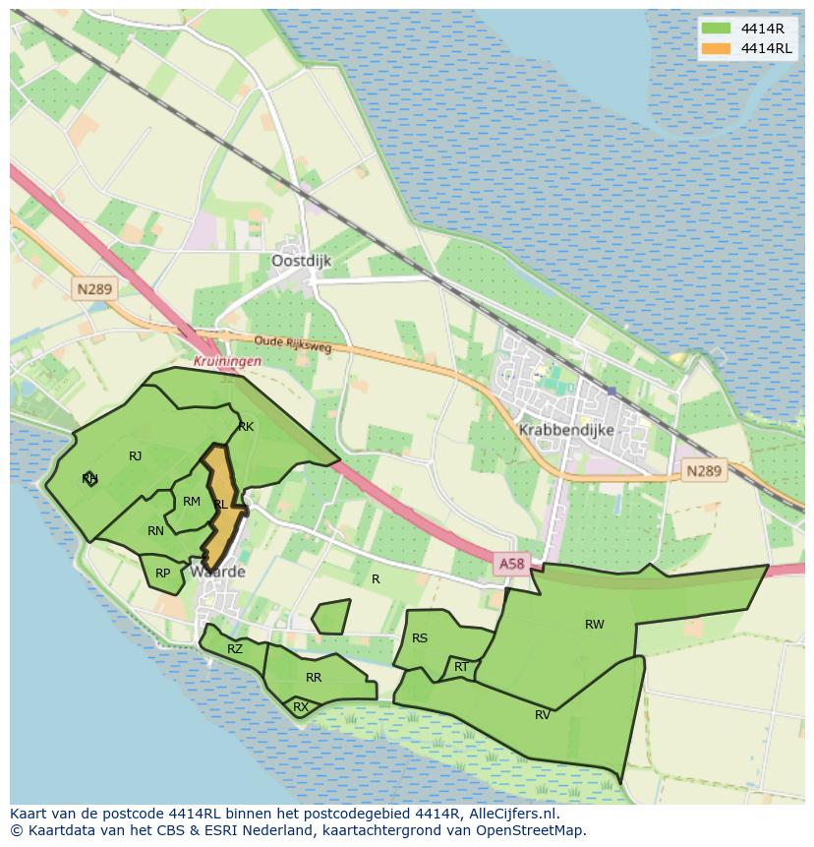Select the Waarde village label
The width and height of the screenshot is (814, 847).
(217, 572)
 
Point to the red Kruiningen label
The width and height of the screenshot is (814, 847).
(227, 361)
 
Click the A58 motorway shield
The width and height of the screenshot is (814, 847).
(511, 564)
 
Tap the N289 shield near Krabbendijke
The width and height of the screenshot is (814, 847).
(703, 471)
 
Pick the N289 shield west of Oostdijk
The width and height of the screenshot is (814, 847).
(93, 289)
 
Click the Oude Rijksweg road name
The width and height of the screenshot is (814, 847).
(292, 344)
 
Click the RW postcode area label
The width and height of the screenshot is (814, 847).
(594, 625)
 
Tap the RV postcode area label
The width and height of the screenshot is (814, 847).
(543, 715)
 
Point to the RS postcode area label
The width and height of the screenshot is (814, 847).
(420, 638)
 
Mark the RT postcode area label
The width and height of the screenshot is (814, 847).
(461, 667)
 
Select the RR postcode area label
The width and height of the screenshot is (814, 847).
(314, 678)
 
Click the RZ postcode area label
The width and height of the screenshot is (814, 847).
(235, 649)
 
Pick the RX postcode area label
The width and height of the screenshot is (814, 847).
(301, 707)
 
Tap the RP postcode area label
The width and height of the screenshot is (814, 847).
(163, 574)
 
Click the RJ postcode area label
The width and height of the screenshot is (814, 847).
(136, 456)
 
